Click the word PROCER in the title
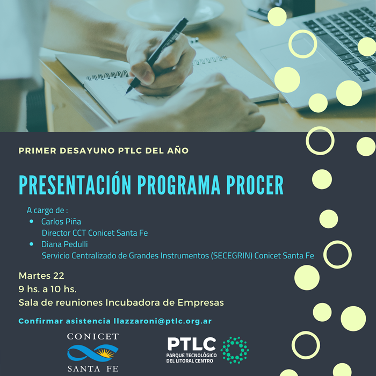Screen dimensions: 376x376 click(x=255, y=185)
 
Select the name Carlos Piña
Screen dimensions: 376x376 click(x=61, y=221)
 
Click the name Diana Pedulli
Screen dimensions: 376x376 click(x=64, y=244)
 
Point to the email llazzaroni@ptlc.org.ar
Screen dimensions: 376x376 click(x=163, y=321)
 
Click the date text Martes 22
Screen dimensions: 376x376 click(x=41, y=276)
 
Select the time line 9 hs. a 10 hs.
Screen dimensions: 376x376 click(x=47, y=289)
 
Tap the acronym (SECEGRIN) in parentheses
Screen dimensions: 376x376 click(x=232, y=256)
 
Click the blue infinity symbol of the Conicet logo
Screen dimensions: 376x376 click(x=93, y=353)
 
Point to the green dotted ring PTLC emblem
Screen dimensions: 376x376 click(x=235, y=350)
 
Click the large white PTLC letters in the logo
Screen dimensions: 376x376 click(x=192, y=344)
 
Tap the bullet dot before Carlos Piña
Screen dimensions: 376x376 click(x=31, y=221)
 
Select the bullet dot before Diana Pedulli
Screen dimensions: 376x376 click(x=31, y=244)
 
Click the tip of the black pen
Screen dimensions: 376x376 click(x=126, y=93)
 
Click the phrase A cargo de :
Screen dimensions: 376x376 click(x=47, y=210)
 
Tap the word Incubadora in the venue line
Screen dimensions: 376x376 click(x=133, y=302)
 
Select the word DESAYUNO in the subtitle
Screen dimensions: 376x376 click(x=87, y=150)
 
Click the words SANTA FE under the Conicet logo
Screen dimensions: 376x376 click(x=93, y=368)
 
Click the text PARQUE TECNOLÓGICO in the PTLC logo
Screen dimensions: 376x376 click(x=191, y=355)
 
